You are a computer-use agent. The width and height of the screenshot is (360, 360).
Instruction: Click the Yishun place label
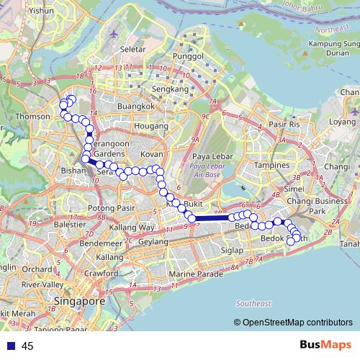tap(42, 12)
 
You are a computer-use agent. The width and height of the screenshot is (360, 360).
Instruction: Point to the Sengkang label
tap(169, 89)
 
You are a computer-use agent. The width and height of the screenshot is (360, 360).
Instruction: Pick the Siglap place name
tap(232, 250)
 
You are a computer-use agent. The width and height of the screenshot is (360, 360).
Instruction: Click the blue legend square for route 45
tap(11, 346)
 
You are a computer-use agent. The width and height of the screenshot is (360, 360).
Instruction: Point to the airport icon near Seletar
tap(114, 34)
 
